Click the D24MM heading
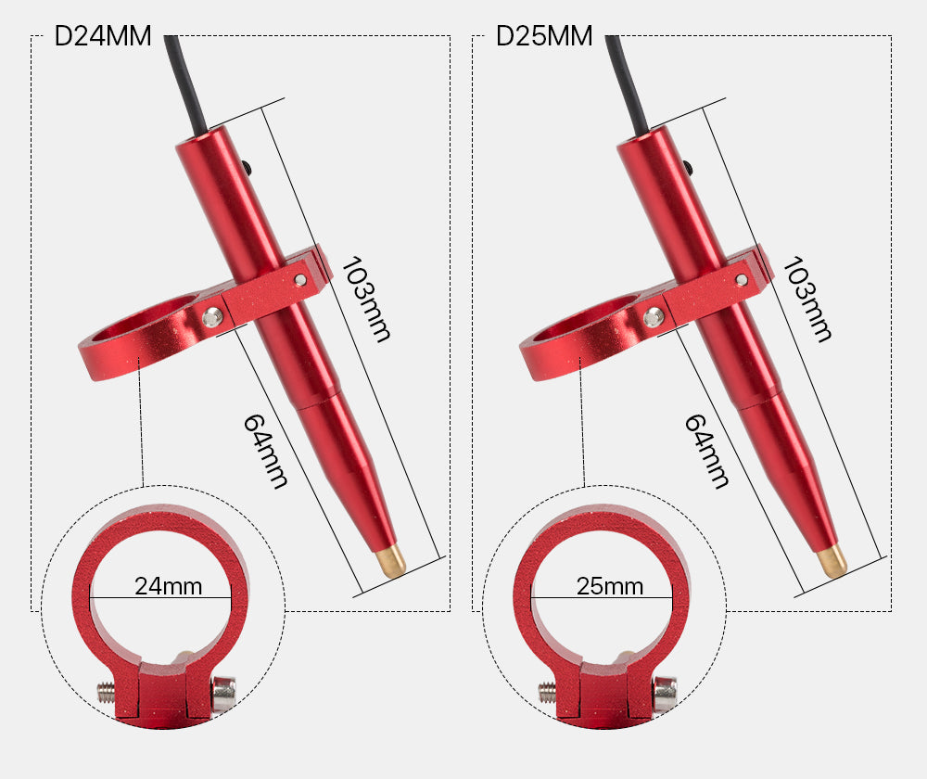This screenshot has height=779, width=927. (x=103, y=36)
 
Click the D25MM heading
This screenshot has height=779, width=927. (x=544, y=36)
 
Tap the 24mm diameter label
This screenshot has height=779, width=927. (x=169, y=586)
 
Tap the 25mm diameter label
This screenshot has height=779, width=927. (x=610, y=586)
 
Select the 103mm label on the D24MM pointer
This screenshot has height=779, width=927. (x=366, y=300)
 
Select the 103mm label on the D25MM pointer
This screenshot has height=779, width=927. (x=807, y=300)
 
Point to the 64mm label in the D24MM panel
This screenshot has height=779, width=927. (x=266, y=452)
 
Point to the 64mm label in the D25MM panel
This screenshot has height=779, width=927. (x=707, y=452)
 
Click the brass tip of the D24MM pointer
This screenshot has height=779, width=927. (x=391, y=560)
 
